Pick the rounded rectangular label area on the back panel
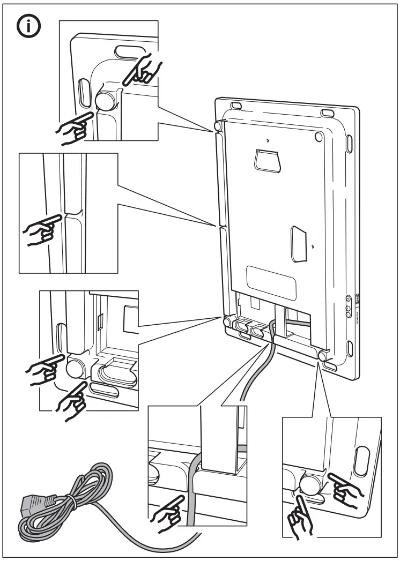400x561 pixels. [x=270, y=280]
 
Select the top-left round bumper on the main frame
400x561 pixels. [x=217, y=125]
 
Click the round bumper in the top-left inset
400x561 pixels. [x=105, y=99]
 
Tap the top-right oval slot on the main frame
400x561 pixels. [x=327, y=111]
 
